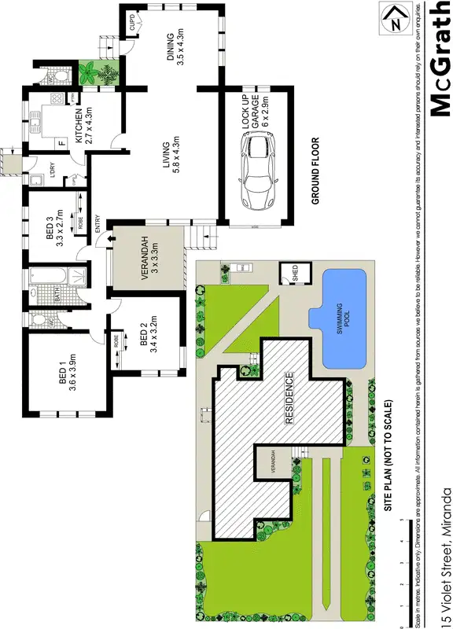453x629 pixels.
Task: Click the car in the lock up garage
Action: (x=259, y=169)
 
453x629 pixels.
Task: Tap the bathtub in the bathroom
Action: (x=44, y=278)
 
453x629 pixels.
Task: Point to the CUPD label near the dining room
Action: (x=133, y=20)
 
